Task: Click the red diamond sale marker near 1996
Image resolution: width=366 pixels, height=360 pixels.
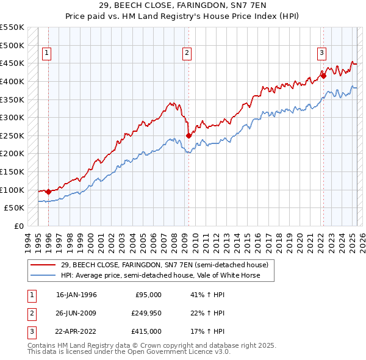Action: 48,192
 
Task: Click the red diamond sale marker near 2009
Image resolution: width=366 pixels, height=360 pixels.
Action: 188,135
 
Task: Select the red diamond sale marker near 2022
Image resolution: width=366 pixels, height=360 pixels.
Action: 324,76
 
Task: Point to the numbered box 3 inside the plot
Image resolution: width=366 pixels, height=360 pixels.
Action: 321,52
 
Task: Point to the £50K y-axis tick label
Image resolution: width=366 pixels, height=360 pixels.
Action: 15,208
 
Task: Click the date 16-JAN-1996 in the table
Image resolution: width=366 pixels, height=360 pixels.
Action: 76,295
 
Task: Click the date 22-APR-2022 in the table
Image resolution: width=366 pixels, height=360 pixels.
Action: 76,331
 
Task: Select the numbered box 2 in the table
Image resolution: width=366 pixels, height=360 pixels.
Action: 30,313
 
